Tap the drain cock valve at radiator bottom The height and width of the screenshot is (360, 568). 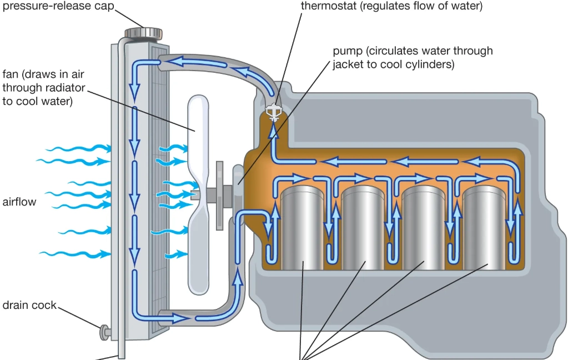point(104,332)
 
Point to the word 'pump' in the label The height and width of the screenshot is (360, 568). point(348,51)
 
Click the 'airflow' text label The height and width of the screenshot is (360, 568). point(19,202)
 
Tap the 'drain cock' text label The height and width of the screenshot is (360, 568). point(29,305)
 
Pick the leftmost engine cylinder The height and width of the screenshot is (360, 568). point(302,228)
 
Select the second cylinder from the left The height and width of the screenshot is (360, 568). point(363,228)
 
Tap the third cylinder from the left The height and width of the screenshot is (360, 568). point(424,228)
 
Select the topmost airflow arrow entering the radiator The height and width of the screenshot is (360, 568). point(78,148)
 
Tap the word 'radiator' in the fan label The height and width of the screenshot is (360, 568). point(66,88)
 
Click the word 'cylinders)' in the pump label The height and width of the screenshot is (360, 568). point(428,64)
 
